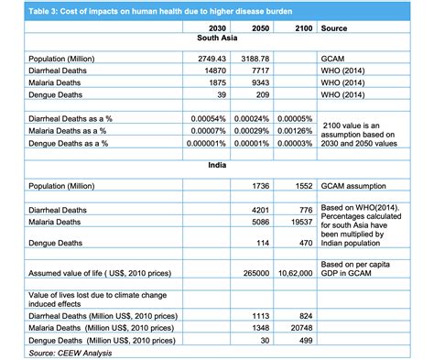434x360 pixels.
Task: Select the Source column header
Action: pyautogui.click(x=334, y=28)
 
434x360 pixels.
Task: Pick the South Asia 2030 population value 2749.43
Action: pyautogui.click(x=206, y=59)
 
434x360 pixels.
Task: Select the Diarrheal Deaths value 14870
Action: pyautogui.click(x=212, y=70)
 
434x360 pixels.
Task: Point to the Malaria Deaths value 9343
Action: pyautogui.click(x=258, y=82)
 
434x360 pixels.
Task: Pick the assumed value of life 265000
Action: pyautogui.click(x=255, y=273)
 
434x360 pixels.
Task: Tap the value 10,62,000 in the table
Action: pyautogui.click(x=295, y=273)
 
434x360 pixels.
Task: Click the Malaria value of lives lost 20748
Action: pyautogui.click(x=299, y=328)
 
